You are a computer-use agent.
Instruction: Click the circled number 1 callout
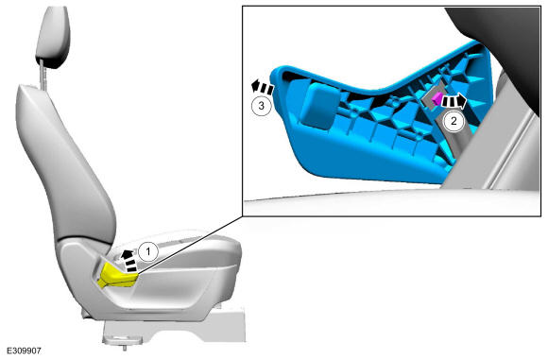pyautogui.click(x=148, y=251)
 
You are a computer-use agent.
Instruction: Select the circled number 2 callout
pyautogui.click(x=454, y=121)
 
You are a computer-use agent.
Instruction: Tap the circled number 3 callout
pyautogui.click(x=262, y=106)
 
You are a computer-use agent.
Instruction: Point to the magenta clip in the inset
pyautogui.click(x=437, y=99)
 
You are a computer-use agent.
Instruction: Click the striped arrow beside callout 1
pyautogui.click(x=128, y=261)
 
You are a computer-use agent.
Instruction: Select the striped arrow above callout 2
pyautogui.click(x=454, y=101)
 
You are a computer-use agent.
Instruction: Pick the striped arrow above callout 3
pyautogui.click(x=262, y=87)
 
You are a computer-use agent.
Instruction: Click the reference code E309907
pyautogui.click(x=25, y=351)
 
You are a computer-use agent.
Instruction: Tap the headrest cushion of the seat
pyautogui.click(x=53, y=37)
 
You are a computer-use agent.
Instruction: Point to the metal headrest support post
pyautogui.click(x=43, y=75)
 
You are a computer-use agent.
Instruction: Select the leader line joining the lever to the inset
pyautogui.click(x=189, y=245)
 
